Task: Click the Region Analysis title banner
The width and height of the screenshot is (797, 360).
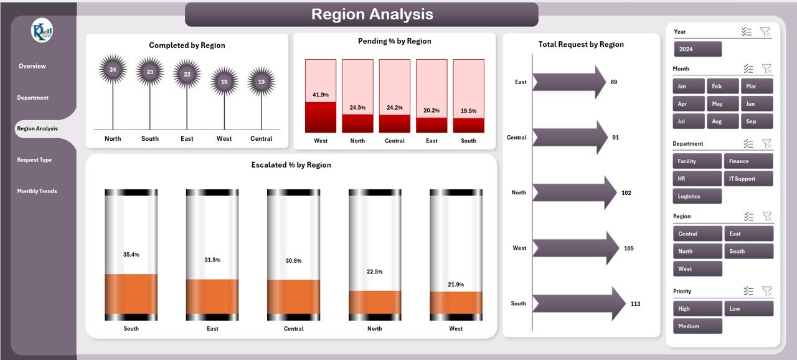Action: pos(361,14)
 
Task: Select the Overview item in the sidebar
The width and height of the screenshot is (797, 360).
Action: pos(32,66)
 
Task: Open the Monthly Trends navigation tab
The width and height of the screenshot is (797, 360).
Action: pos(37,191)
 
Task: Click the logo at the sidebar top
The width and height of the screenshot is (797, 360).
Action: pos(42,31)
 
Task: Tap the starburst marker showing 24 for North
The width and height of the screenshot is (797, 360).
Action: pos(113,69)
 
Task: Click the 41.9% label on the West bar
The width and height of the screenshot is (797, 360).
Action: pos(321,95)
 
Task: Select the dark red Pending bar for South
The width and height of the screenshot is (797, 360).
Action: pos(468,125)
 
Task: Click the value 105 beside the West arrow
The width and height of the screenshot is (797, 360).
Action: pos(628,249)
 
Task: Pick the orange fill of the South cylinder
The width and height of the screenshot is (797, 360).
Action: pos(131,293)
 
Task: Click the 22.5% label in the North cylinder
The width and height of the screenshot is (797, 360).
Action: pos(375,272)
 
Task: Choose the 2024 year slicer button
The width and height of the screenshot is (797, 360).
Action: pos(697,49)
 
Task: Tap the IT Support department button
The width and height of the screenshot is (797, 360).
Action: pos(748,179)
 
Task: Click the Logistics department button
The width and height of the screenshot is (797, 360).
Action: pos(697,196)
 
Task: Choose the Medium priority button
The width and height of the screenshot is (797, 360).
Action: pos(697,326)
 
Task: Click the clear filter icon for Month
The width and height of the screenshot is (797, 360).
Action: pos(766,69)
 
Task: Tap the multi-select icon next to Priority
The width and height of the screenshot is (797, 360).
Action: pos(748,291)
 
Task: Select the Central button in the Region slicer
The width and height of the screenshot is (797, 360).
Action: pos(697,234)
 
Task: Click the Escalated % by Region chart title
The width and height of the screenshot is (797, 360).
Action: pos(291,165)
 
